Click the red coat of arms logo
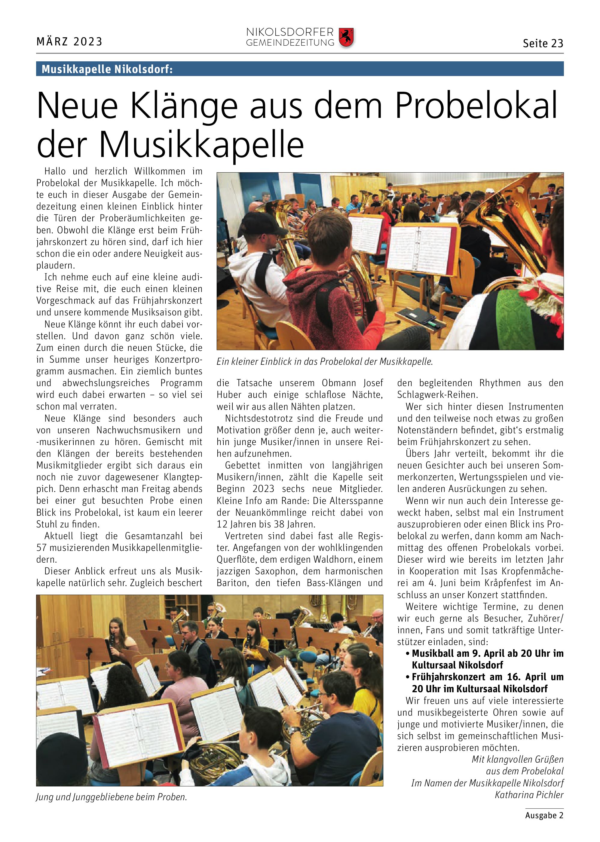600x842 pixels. (346, 37)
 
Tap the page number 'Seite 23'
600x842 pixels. (543, 44)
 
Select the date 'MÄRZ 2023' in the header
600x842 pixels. (69, 41)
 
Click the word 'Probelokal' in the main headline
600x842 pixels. (476, 106)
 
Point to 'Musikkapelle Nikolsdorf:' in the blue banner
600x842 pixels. (107, 69)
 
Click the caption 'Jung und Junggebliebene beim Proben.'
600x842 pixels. (112, 797)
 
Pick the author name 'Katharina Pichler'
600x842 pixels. (529, 795)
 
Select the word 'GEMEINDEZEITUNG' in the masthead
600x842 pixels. (290, 43)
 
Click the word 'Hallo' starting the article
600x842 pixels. (55, 171)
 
